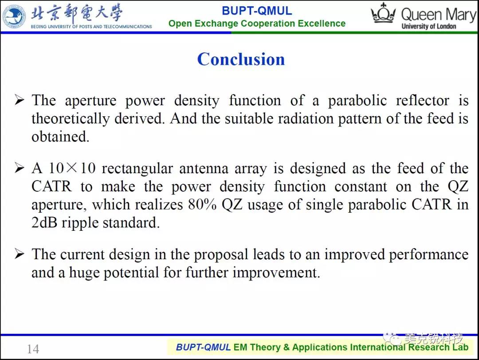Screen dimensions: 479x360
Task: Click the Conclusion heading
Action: (x=241, y=59)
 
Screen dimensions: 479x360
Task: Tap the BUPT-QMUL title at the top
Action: (x=257, y=11)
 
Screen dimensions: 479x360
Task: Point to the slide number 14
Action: (x=33, y=349)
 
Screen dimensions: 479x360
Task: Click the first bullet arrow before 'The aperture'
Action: (x=19, y=100)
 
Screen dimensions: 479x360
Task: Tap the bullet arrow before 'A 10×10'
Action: (x=19, y=168)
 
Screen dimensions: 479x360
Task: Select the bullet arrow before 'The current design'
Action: (x=19, y=254)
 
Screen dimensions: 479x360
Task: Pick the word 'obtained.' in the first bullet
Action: (x=60, y=137)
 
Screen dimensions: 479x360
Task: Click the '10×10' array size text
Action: (x=72, y=168)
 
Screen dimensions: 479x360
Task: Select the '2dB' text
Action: (x=44, y=222)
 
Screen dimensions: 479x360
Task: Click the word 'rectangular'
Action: (x=137, y=169)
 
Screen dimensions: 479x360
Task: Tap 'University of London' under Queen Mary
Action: (x=429, y=26)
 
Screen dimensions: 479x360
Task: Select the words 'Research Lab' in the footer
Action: (x=438, y=347)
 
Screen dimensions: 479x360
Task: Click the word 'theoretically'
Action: (x=71, y=119)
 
